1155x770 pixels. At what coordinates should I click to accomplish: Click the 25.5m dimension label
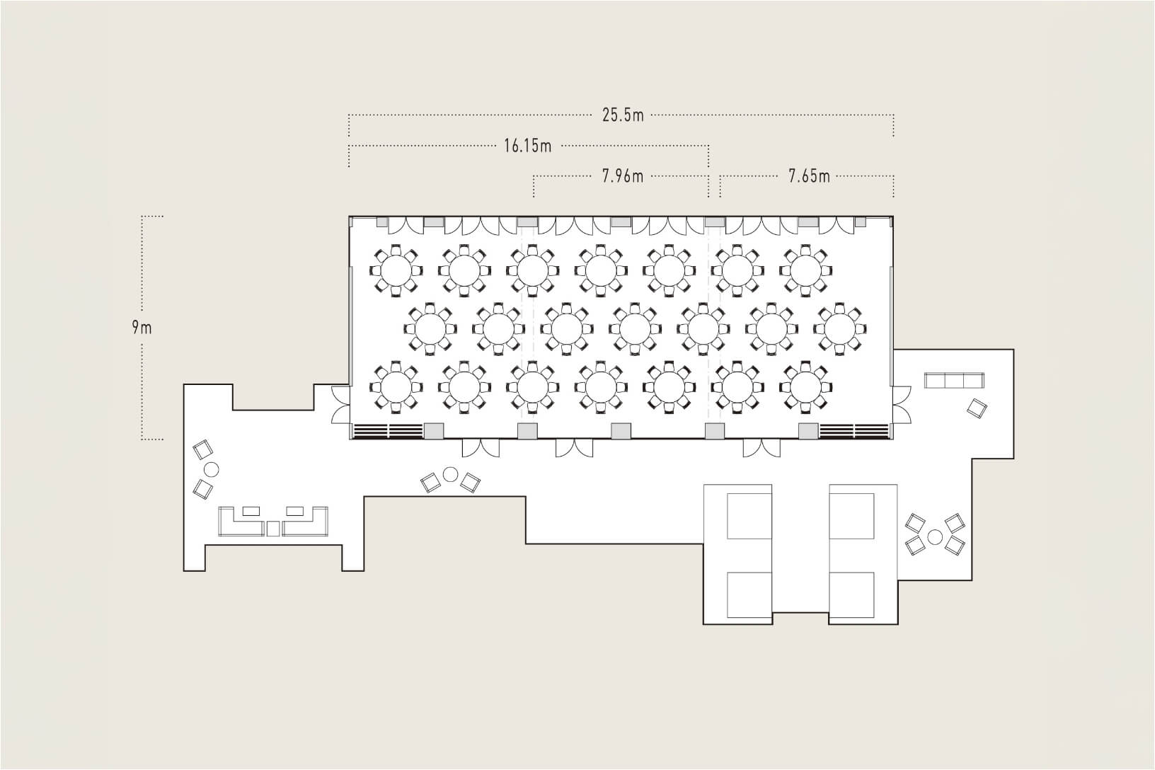tap(623, 115)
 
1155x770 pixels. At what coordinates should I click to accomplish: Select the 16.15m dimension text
tap(527, 146)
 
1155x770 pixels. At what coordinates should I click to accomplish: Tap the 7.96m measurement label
tap(623, 176)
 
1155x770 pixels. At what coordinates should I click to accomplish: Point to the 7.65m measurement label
tap(809, 176)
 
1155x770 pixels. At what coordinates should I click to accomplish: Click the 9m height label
tap(142, 328)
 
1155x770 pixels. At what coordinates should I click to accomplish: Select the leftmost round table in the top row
tap(396, 270)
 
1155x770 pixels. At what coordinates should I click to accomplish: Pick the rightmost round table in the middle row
tap(840, 328)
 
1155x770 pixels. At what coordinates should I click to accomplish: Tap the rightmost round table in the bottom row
tap(805, 387)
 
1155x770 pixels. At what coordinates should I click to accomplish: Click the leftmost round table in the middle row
tap(430, 328)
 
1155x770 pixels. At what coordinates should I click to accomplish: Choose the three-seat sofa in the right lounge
tap(954, 381)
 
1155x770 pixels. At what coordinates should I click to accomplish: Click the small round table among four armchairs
tap(935, 537)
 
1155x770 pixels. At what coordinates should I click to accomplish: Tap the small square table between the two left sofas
tap(273, 529)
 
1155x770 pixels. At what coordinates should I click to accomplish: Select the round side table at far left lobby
tap(211, 469)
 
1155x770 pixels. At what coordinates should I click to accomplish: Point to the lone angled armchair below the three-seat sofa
tap(977, 408)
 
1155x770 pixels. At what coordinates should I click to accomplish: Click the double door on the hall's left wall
tap(341, 405)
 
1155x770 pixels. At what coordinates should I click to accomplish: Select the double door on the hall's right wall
tap(902, 405)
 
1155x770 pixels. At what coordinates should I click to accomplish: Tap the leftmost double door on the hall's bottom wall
tap(481, 448)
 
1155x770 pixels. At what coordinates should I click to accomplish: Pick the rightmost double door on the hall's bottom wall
tap(762, 448)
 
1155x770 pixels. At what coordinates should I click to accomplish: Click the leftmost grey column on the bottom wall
tap(433, 430)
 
